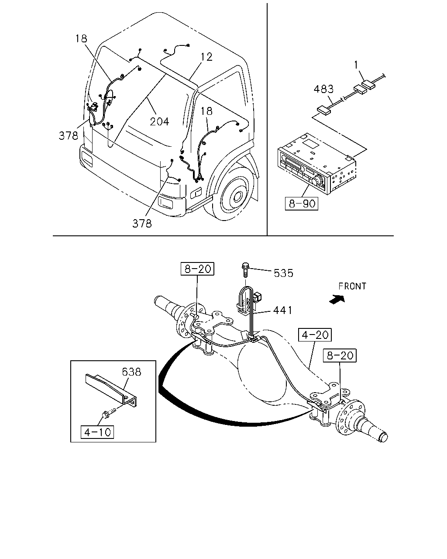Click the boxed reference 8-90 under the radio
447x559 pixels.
(302, 204)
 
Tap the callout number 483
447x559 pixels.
(323, 89)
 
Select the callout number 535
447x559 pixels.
(283, 273)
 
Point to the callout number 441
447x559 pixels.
(282, 310)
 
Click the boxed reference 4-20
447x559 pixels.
(315, 335)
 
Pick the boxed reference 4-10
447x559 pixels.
(97, 432)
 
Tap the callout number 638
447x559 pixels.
(131, 372)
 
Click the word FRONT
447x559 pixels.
(352, 286)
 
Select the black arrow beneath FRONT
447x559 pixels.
(337, 300)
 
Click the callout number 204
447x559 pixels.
(159, 121)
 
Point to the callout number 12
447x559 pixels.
(206, 57)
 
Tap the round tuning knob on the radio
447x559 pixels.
(317, 181)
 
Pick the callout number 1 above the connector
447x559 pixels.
(356, 65)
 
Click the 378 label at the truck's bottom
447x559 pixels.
(142, 224)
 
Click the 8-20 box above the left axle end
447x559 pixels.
(197, 269)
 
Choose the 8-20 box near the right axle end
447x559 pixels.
(340, 355)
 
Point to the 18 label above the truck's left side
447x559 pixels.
(81, 38)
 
